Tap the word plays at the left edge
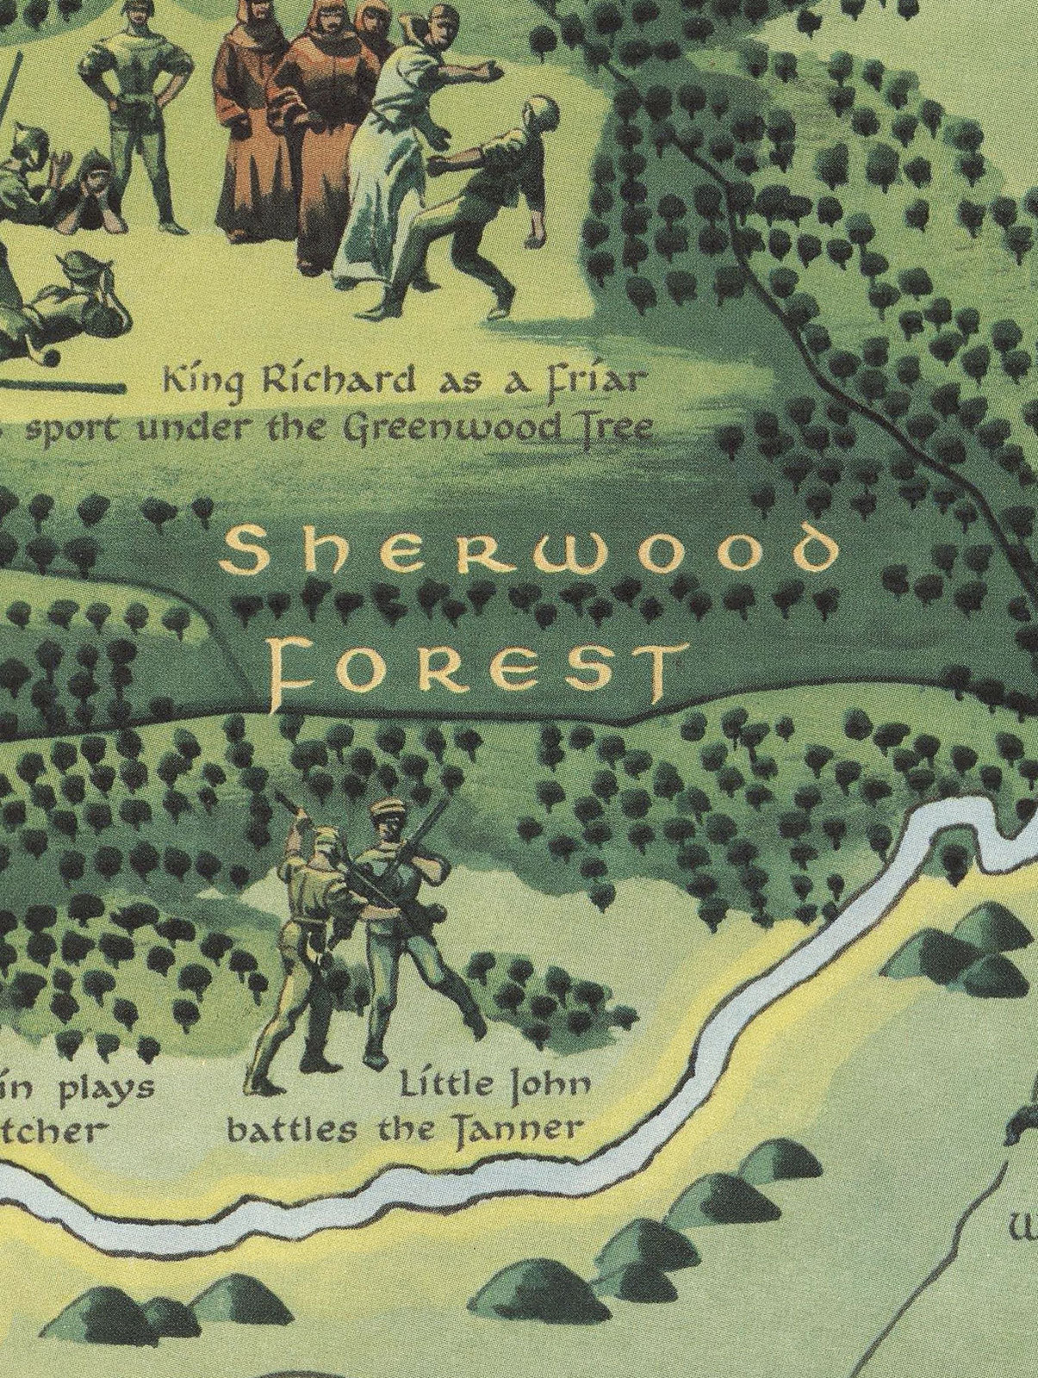point(109,1089)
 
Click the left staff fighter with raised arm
point(310,939)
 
